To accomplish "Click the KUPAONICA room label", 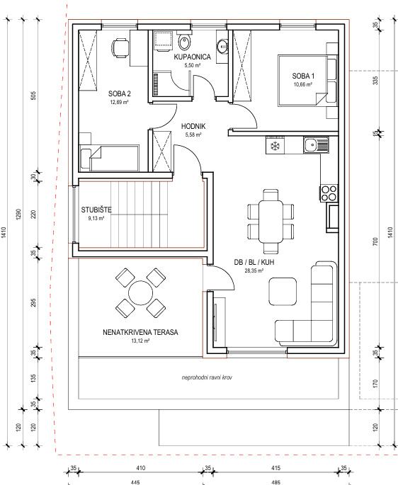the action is pyautogui.click(x=192, y=57).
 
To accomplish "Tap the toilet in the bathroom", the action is pyautogui.click(x=185, y=42).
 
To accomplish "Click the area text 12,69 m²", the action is pyautogui.click(x=119, y=102).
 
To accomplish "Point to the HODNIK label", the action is pyautogui.click(x=193, y=126).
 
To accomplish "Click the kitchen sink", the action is pyautogui.click(x=316, y=144).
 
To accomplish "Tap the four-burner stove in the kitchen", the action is pyautogui.click(x=329, y=193).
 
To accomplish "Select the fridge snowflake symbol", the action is pyautogui.click(x=275, y=146).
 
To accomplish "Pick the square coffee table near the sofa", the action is pyautogui.click(x=283, y=292).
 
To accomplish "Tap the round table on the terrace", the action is pyautogui.click(x=140, y=293).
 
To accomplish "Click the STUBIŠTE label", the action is pyautogui.click(x=96, y=210).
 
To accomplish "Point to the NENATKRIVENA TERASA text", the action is pyautogui.click(x=140, y=333).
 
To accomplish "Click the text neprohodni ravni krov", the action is pyautogui.click(x=207, y=377).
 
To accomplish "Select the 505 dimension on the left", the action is pyautogui.click(x=34, y=95).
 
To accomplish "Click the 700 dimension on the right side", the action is pyautogui.click(x=375, y=241).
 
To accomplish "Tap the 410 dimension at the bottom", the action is pyautogui.click(x=140, y=468).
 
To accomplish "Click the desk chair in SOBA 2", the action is pyautogui.click(x=120, y=48).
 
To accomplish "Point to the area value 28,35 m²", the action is pyautogui.click(x=254, y=270).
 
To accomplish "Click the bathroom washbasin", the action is pyautogui.click(x=222, y=46).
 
